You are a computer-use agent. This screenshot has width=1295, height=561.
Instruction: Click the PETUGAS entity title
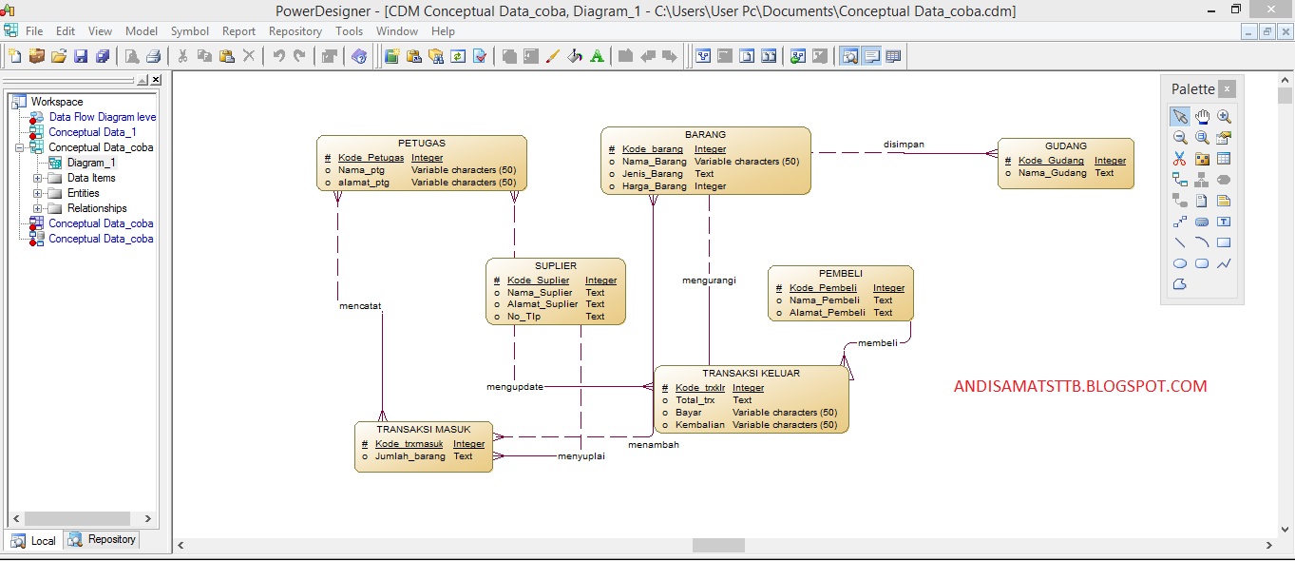(x=421, y=144)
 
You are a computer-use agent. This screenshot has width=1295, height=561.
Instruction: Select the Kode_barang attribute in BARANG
(x=652, y=149)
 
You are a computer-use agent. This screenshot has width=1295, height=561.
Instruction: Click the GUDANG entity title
(x=1065, y=146)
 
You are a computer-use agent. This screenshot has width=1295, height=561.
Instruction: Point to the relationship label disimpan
(x=904, y=145)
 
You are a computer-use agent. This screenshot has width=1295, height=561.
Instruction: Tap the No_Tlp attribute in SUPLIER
(x=524, y=317)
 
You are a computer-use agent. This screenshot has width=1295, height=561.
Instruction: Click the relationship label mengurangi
(x=709, y=280)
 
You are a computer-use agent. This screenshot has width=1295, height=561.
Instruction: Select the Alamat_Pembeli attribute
(x=827, y=313)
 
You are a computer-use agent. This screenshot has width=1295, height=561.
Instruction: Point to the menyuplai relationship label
(x=581, y=455)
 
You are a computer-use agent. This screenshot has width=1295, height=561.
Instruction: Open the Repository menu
(x=295, y=31)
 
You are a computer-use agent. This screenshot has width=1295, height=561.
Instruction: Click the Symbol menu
(x=190, y=31)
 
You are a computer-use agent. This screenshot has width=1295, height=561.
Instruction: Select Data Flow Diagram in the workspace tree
(x=103, y=117)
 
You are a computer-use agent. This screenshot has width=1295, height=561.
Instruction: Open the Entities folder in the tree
(x=84, y=193)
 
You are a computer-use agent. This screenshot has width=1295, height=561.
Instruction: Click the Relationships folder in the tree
(x=97, y=208)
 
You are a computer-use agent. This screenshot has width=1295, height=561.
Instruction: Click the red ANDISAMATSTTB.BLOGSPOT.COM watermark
(x=1080, y=387)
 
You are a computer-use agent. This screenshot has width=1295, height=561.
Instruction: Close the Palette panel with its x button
(x=1227, y=89)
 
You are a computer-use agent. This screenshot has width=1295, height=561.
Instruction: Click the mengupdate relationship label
(x=515, y=387)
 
